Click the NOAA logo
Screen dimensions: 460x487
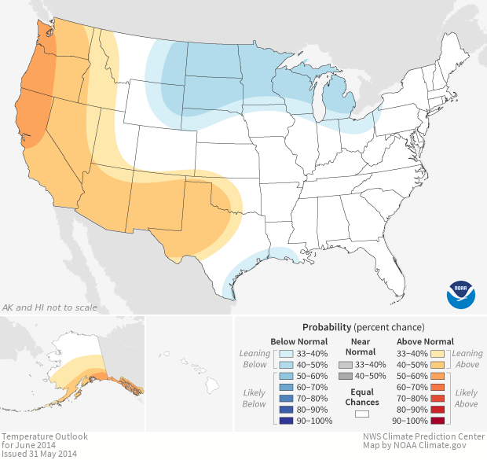click(461, 293)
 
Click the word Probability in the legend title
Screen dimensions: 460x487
click(326, 326)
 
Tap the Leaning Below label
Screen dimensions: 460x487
click(254, 359)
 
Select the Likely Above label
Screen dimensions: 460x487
click(467, 398)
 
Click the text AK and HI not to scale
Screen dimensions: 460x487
click(49, 307)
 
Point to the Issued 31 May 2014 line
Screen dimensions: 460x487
click(38, 454)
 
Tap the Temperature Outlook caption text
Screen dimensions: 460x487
click(44, 436)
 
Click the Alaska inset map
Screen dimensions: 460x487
click(79, 370)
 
